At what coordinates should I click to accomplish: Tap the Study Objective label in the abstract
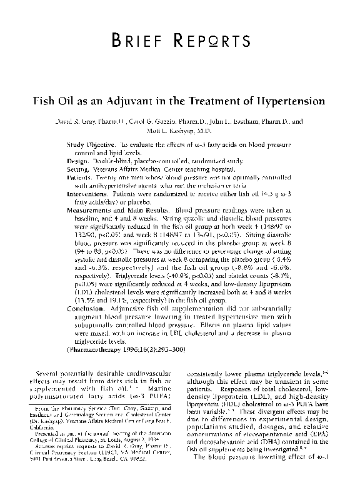(92, 144)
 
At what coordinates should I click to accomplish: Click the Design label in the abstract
(78, 161)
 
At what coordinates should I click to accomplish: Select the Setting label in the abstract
(79, 169)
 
